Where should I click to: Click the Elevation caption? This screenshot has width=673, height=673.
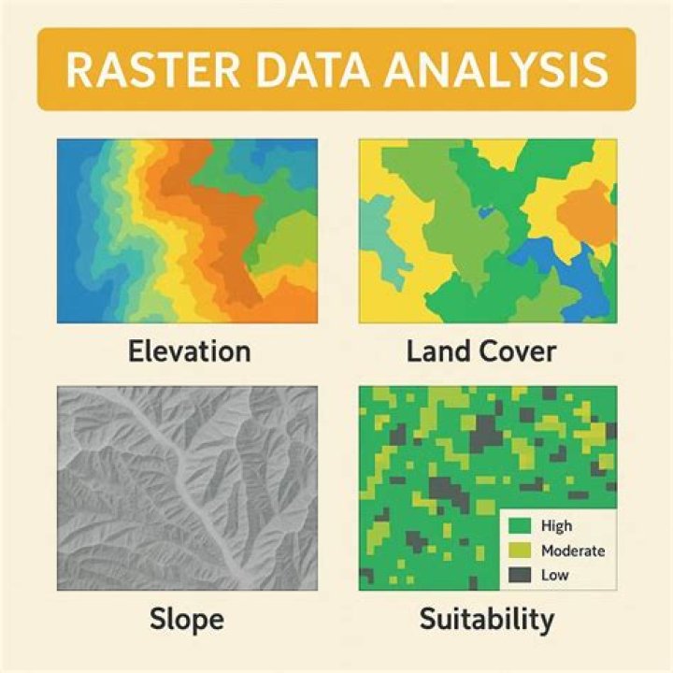188,351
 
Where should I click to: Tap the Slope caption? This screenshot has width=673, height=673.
188,618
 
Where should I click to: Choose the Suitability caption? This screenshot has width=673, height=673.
487,618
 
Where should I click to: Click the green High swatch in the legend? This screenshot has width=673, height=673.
522,527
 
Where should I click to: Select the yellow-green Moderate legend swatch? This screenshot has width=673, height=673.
522,551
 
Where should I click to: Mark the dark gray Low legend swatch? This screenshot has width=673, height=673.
522,575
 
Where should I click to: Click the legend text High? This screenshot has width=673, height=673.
557,527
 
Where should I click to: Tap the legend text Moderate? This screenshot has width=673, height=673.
572,551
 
